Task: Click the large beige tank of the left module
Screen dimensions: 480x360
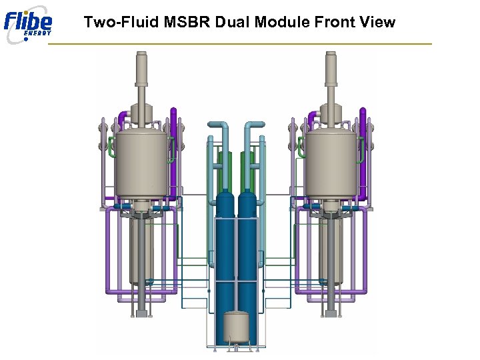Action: (141, 163)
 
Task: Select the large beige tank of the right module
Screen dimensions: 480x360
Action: (329, 163)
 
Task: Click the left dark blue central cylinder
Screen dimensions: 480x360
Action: (225, 253)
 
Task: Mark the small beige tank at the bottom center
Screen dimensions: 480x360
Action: (236, 327)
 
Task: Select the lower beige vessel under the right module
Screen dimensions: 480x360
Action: (329, 250)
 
